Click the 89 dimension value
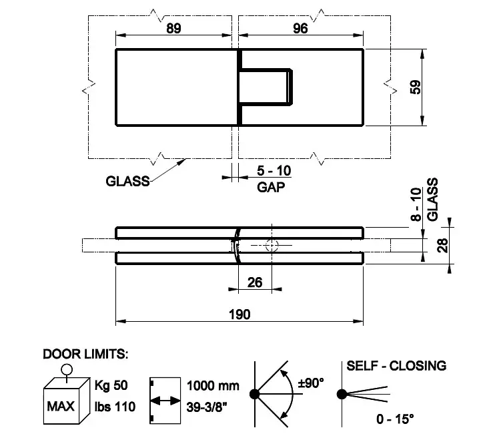click(173, 28)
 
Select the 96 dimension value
click(300, 28)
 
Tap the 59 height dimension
click(416, 87)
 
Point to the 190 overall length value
click(239, 314)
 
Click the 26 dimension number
click(255, 282)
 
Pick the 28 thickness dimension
click(442, 245)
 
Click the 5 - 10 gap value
click(274, 171)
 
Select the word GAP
click(271, 187)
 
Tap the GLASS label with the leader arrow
click(127, 181)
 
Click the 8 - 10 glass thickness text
click(416, 204)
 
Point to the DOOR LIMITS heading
click(85, 354)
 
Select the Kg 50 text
click(111, 385)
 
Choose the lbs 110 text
click(115, 407)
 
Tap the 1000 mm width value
click(213, 386)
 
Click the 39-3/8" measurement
click(207, 407)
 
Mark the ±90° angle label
click(311, 383)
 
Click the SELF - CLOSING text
click(396, 366)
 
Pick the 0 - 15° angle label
click(395, 419)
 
